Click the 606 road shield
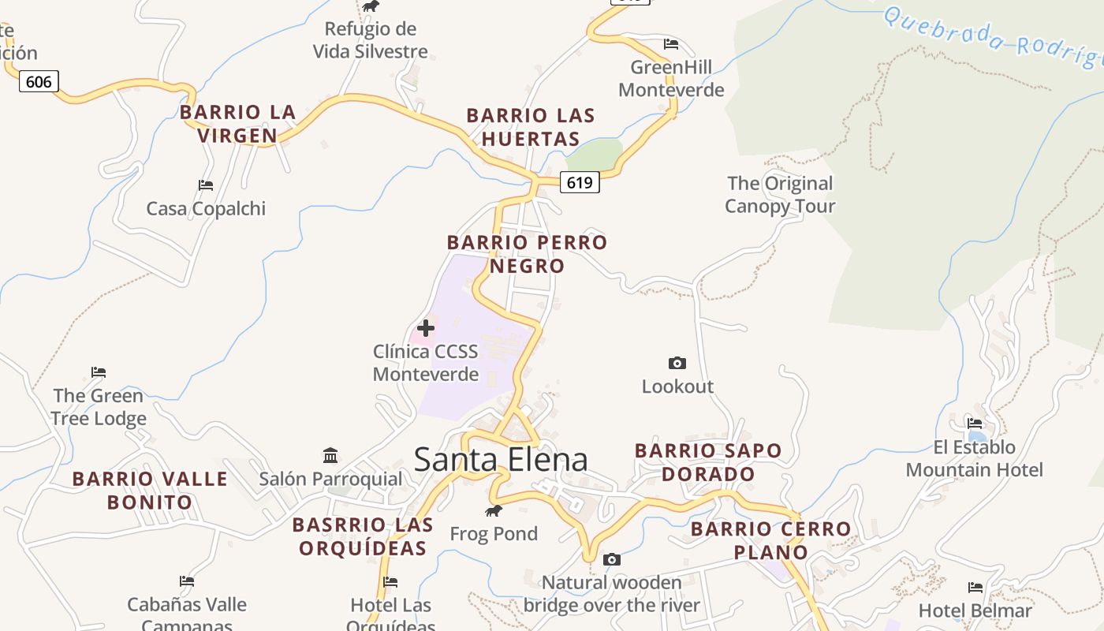[x=39, y=81]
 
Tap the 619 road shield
[x=580, y=183]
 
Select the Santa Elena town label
[x=501, y=459]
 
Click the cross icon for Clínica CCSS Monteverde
[x=426, y=327]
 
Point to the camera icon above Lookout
[x=677, y=363]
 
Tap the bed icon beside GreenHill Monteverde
[x=671, y=43]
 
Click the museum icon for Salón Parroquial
[x=330, y=455]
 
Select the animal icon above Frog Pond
[x=494, y=511]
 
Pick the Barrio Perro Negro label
[x=527, y=254]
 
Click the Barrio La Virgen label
[x=237, y=124]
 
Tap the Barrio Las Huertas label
[x=531, y=127]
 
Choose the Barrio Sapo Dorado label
[x=708, y=462]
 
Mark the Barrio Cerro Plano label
[x=770, y=540]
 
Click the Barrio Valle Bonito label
[x=150, y=490]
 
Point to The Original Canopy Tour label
[x=780, y=195]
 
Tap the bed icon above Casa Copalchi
[x=206, y=185]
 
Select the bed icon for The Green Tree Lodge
[x=99, y=372]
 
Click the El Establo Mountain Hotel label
[x=974, y=458]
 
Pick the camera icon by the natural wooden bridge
[x=611, y=559]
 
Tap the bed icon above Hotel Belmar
[x=975, y=588]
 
